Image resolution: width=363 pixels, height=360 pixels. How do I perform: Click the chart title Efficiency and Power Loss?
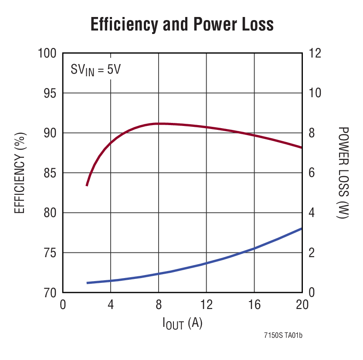coord(182,24)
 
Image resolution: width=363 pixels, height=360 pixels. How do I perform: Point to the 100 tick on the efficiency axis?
coord(47,53)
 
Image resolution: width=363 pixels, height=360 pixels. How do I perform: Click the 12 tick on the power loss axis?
coord(315,53)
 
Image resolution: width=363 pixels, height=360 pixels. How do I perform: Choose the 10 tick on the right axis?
coord(315,93)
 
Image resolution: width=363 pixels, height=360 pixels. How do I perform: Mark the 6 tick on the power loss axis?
coord(312,173)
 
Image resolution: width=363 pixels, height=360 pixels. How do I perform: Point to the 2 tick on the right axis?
coord(312,253)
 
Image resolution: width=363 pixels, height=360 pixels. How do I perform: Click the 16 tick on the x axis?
coord(254,304)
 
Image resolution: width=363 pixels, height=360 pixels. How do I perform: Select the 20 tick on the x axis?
coord(302,304)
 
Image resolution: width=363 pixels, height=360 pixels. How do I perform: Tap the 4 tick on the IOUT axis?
coord(111,304)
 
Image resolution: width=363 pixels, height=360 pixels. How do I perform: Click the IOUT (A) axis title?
coord(182,323)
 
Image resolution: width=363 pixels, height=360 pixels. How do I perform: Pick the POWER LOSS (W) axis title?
coord(344,173)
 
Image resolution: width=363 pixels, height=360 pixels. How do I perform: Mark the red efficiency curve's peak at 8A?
coord(159,123)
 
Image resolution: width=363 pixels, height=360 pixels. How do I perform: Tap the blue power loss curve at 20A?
coord(301,229)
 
